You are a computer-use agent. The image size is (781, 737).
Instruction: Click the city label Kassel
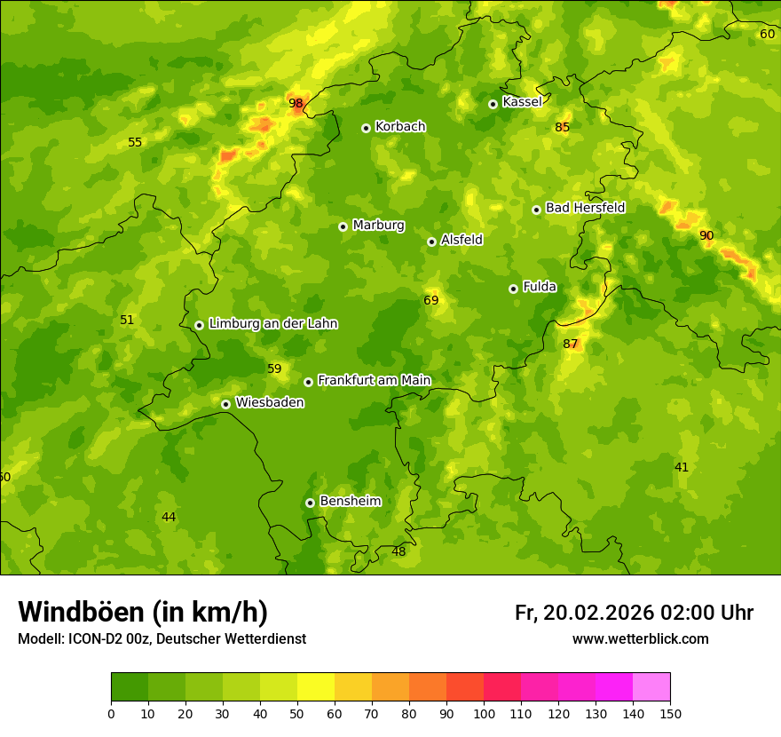[x=522, y=102]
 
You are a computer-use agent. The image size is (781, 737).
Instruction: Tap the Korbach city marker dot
[x=366, y=128]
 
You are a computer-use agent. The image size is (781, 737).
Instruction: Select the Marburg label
[x=378, y=226]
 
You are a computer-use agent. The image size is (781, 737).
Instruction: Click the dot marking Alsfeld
[x=431, y=242]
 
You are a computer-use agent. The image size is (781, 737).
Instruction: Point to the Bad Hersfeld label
[x=585, y=208]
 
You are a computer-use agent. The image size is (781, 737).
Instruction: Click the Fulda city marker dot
[x=513, y=289]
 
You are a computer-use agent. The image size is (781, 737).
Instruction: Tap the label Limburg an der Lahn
[x=272, y=324]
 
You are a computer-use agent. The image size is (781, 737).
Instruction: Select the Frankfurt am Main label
[x=374, y=380]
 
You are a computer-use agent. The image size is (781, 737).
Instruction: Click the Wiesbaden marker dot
[x=225, y=404]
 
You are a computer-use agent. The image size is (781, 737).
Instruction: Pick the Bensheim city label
[x=350, y=501]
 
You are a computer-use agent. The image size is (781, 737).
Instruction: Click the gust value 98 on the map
[x=296, y=103]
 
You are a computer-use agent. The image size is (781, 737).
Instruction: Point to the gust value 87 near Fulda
[x=570, y=345]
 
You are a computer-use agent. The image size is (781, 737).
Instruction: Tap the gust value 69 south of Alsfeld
[x=430, y=301]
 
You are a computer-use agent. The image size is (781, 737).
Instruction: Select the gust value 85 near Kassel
[x=562, y=128]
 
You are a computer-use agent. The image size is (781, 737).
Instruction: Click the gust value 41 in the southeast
[x=681, y=467]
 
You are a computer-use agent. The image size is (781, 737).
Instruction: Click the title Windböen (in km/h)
[x=143, y=612]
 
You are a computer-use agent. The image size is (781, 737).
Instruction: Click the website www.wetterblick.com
[x=640, y=639]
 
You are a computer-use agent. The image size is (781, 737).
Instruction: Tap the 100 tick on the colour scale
[x=484, y=713]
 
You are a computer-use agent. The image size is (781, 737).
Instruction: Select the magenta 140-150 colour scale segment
[x=651, y=686]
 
